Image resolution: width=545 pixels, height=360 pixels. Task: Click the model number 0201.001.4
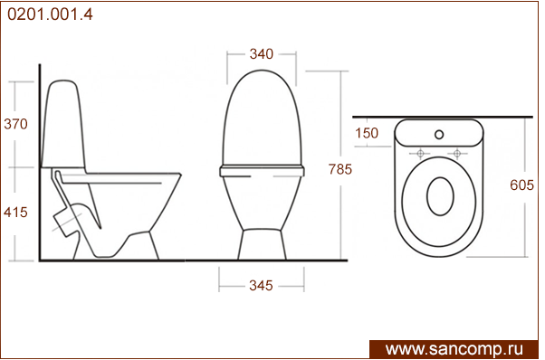[x=50, y=14]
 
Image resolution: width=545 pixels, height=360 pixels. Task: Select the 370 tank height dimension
[x=15, y=124]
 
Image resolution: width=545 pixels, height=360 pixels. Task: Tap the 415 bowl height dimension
[x=15, y=213]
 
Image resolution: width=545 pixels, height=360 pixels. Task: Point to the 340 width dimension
[x=262, y=53]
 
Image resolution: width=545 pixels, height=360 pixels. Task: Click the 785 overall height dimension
[x=340, y=169]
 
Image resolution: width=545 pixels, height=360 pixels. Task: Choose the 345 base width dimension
[x=261, y=286]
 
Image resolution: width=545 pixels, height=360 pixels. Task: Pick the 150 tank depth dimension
[x=367, y=133]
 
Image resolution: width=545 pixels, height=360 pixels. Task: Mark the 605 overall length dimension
[x=522, y=185]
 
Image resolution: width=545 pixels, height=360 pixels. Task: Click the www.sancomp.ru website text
[x=454, y=349]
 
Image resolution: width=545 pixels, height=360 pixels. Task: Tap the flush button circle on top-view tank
[x=439, y=135]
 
